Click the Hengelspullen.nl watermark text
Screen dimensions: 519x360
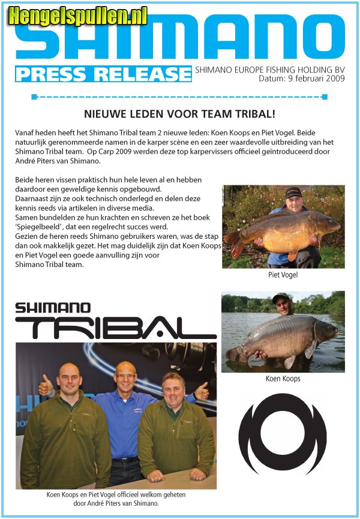click(x=77, y=16)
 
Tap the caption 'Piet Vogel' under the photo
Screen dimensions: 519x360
click(x=283, y=275)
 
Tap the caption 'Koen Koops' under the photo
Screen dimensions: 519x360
click(x=283, y=379)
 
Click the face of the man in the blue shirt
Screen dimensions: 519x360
click(x=125, y=375)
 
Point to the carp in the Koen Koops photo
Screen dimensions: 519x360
click(x=282, y=339)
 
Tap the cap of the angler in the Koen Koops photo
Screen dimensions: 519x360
click(x=280, y=297)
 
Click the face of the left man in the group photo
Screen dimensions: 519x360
click(x=71, y=379)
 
